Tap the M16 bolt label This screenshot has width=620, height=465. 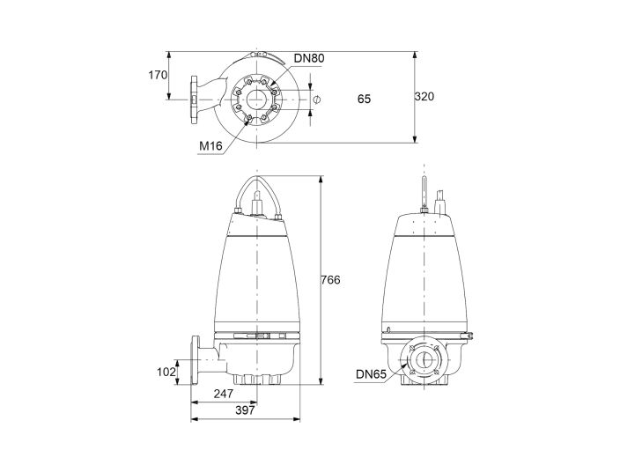(x=210, y=145)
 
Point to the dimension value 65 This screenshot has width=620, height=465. (x=364, y=99)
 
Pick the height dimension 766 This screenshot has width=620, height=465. (x=329, y=279)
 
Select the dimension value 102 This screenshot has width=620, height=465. (x=166, y=372)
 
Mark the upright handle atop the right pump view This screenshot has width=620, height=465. (x=424, y=196)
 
